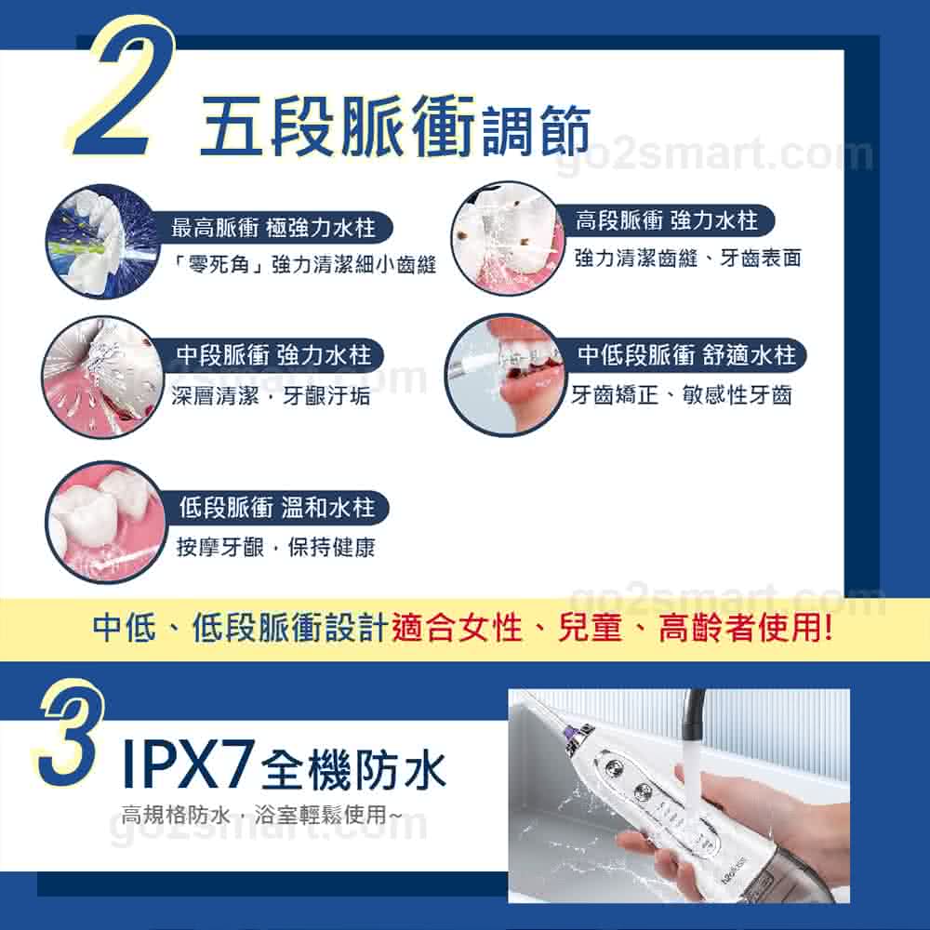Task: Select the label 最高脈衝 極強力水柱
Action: pos(273,227)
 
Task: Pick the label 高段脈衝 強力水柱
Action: pos(667,220)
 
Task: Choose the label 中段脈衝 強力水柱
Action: pos(274,354)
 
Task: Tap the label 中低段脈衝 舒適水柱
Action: pos(687,354)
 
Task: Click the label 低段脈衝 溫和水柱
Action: pos(277,507)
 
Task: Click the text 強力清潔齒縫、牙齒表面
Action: pos(688,258)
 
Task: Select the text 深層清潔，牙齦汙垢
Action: pos(271,395)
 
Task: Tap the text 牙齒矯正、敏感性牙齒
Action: pos(682,394)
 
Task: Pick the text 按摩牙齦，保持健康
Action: pos(276,547)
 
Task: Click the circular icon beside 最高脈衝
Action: pos(104,243)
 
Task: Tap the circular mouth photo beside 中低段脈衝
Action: pos(505,376)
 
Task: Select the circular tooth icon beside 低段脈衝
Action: pos(105,522)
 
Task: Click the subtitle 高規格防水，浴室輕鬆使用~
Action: pos(261,815)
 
